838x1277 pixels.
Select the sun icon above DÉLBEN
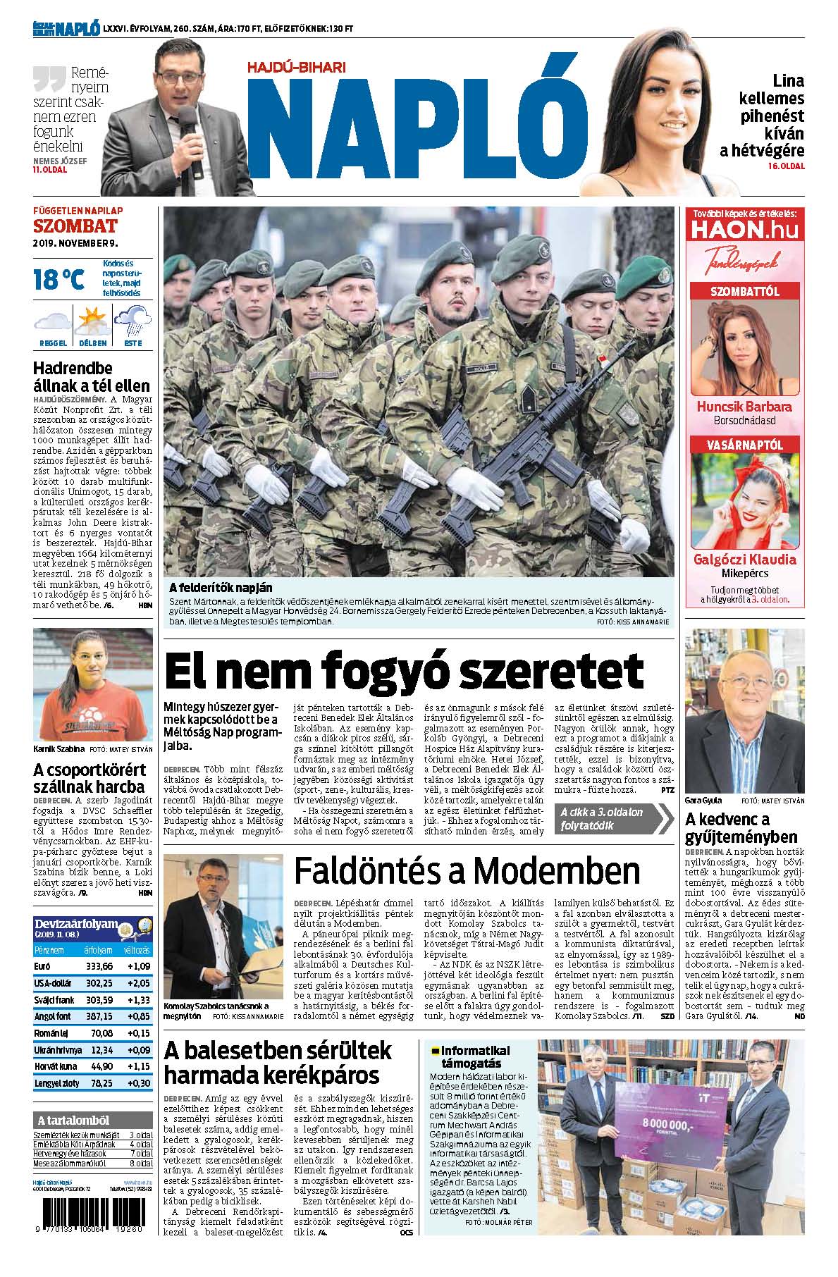(92, 321)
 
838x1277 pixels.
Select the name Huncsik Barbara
(744, 407)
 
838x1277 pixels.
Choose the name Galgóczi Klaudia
(744, 560)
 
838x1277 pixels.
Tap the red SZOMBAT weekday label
(75, 226)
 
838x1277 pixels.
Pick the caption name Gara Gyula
(703, 801)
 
